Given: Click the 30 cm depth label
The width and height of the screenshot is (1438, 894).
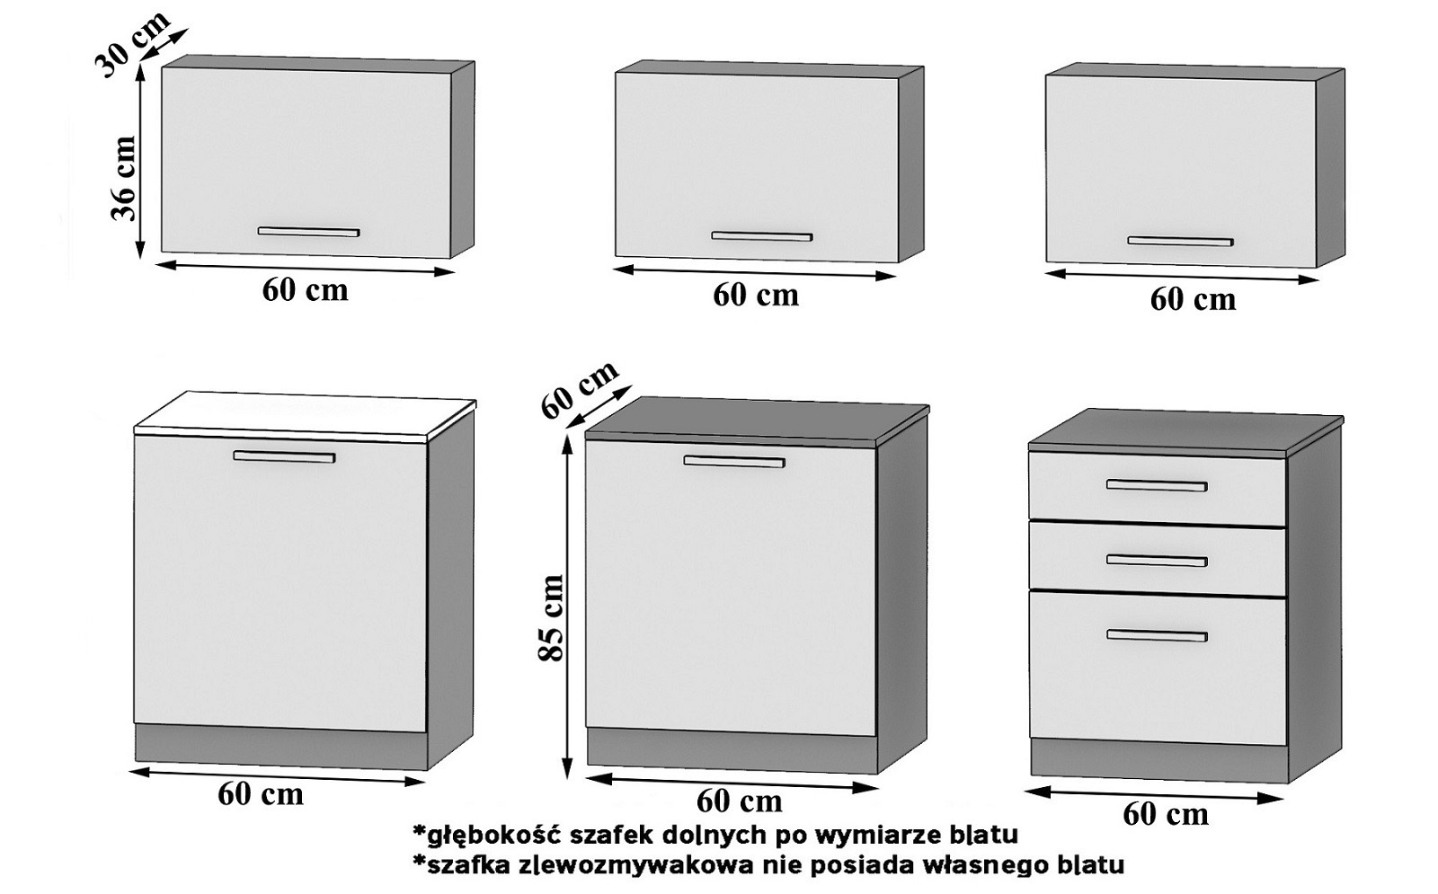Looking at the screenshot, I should point(131,45).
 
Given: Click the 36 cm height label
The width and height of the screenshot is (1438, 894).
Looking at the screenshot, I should point(123,177).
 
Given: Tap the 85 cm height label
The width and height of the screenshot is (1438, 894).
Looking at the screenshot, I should point(551,617).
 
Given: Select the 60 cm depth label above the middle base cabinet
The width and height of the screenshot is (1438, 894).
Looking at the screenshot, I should point(580,389).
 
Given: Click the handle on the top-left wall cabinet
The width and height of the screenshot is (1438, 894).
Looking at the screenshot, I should point(308,232).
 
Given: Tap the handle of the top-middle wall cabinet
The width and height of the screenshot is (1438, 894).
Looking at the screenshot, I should point(761,236).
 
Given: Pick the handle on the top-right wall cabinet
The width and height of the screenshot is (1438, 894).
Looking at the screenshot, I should point(1180,241).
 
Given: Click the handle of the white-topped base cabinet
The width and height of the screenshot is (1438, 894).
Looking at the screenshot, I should point(284,456).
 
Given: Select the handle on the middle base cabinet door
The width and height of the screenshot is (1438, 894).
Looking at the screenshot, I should point(733,462).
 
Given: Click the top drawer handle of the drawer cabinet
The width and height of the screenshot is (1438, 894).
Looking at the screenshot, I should point(1156,486).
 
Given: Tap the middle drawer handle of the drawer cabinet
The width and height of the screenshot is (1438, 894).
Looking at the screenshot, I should point(1156,561).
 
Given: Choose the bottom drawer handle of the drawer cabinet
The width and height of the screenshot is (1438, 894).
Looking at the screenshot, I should point(1156,635).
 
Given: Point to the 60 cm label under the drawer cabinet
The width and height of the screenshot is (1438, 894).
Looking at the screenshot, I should point(1165,814).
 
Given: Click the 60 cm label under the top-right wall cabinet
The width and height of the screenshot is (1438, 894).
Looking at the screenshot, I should point(1193,299).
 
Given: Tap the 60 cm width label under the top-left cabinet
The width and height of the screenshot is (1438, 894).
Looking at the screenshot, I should point(305,289).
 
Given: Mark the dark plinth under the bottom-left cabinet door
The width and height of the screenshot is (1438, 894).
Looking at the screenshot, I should point(280,747).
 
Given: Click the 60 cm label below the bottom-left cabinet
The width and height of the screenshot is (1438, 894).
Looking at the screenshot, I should point(261,794).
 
